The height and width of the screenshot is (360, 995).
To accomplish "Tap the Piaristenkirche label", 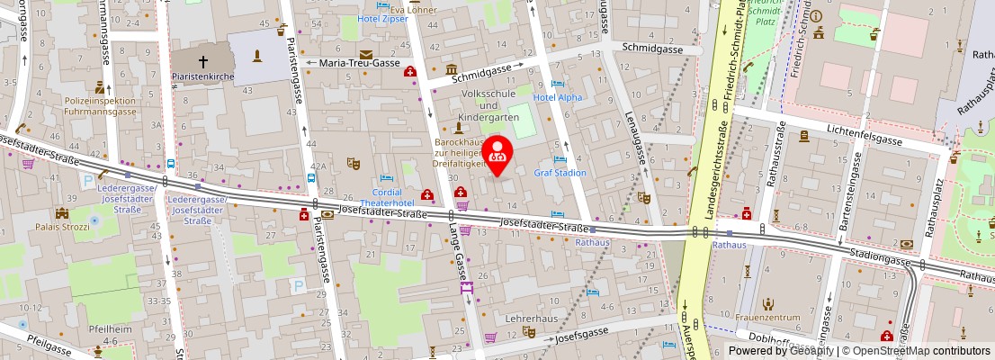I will (202, 77).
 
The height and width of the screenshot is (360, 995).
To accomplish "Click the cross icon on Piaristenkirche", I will (202, 62).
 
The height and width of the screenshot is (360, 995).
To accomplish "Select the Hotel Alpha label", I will (558, 97).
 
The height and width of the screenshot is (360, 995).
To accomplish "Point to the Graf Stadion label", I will (560, 173).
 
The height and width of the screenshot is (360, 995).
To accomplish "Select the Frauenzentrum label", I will (768, 318).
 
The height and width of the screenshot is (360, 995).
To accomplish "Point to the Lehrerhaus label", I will (531, 319).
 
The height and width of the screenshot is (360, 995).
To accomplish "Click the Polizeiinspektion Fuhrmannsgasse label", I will (100, 106).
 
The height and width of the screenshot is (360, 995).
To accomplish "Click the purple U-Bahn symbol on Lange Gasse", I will (466, 288).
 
